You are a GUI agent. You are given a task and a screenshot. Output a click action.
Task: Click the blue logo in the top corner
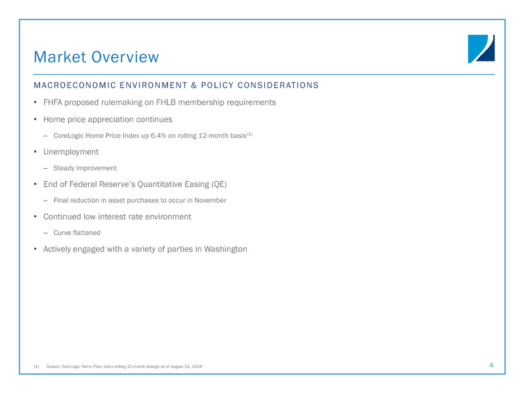click(x=481, y=49)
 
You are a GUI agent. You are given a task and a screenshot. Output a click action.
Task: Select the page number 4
click(x=491, y=365)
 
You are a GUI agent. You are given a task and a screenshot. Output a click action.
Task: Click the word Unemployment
click(x=71, y=151)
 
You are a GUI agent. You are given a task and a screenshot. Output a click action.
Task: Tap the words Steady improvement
click(x=85, y=168)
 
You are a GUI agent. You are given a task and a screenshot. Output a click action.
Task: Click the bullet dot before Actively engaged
click(x=36, y=249)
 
